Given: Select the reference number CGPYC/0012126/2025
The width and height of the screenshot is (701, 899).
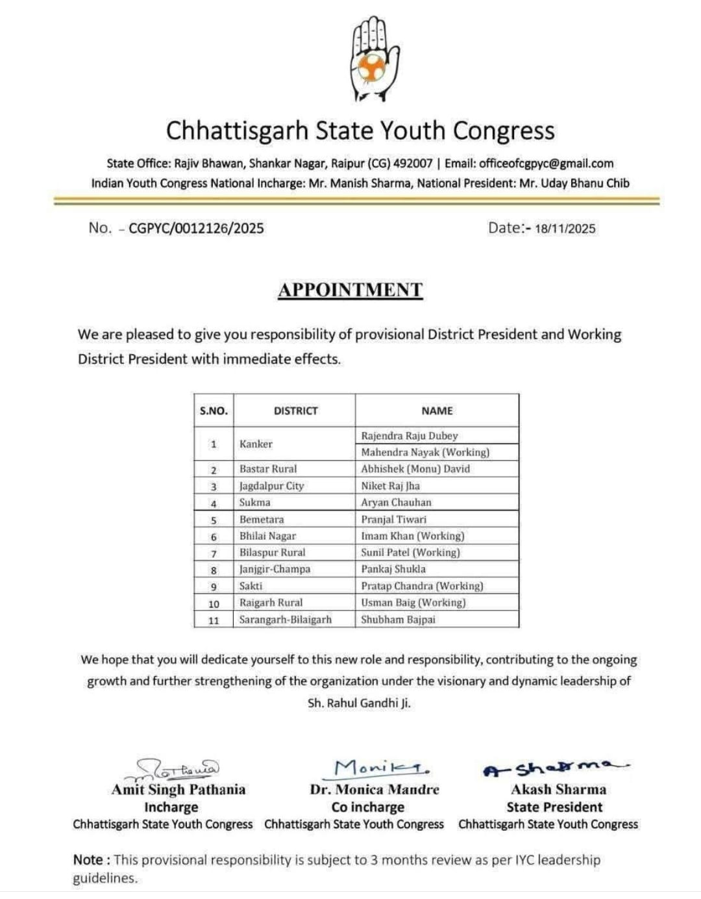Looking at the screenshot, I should point(196,228).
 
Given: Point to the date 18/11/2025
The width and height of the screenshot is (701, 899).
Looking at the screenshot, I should point(565,229).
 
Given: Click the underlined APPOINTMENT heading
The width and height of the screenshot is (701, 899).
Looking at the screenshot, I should point(350,290).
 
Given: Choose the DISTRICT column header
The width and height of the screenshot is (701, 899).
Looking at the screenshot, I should point(295,411).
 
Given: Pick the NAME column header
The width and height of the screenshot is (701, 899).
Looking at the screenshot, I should point(437,411).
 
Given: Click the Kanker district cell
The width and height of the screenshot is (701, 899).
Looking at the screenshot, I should point(256,444).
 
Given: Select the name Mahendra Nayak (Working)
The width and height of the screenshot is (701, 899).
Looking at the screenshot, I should point(425,452).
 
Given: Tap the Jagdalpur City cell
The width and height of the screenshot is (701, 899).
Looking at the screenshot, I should point(271,486).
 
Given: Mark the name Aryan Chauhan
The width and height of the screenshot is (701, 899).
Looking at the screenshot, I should point(396,503).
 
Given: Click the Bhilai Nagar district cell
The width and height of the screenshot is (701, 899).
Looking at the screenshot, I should point(267,537).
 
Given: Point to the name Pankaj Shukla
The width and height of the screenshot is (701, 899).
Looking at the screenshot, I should point(393,569).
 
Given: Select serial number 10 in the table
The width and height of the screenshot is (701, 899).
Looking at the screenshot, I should point(214,603).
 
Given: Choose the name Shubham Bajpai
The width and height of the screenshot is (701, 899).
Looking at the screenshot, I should point(398,620).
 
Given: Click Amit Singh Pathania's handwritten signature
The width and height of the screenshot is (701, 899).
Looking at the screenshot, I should point(178,769).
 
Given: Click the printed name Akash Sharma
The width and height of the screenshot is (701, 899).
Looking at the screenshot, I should point(558,790).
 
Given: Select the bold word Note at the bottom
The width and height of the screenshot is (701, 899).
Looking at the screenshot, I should point(88,860).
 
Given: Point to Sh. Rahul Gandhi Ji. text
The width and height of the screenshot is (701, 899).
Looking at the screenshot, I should point(359,703).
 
